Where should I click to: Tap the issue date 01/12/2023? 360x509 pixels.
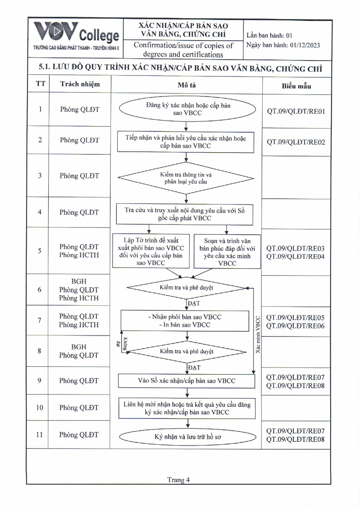point(305,45)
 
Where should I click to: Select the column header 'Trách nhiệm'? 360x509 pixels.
point(80,84)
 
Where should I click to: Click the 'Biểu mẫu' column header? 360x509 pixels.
point(296,86)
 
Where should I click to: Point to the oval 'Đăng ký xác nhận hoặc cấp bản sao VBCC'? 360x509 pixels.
point(187,109)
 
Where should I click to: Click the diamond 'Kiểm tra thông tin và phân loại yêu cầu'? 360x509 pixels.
point(186,178)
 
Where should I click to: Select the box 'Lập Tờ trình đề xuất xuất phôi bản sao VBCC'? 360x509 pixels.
point(151,251)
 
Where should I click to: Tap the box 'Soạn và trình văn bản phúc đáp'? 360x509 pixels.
point(227,252)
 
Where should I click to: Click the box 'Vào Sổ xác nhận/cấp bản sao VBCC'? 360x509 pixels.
point(186,381)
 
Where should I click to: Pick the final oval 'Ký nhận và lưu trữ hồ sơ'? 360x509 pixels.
point(187,437)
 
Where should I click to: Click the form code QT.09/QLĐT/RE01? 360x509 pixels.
point(296,111)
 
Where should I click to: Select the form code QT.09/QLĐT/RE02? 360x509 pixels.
point(296,142)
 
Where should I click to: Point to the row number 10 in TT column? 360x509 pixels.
point(39,407)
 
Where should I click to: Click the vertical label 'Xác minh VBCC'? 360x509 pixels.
point(258,334)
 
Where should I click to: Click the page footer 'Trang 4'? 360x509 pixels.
point(178,480)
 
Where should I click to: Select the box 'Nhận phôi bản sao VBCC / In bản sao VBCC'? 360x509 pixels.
point(185,321)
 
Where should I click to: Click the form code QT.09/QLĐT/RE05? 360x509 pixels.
point(295,317)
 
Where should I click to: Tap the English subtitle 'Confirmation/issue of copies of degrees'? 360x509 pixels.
point(183,50)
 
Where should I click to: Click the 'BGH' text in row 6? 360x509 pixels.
point(79,281)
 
